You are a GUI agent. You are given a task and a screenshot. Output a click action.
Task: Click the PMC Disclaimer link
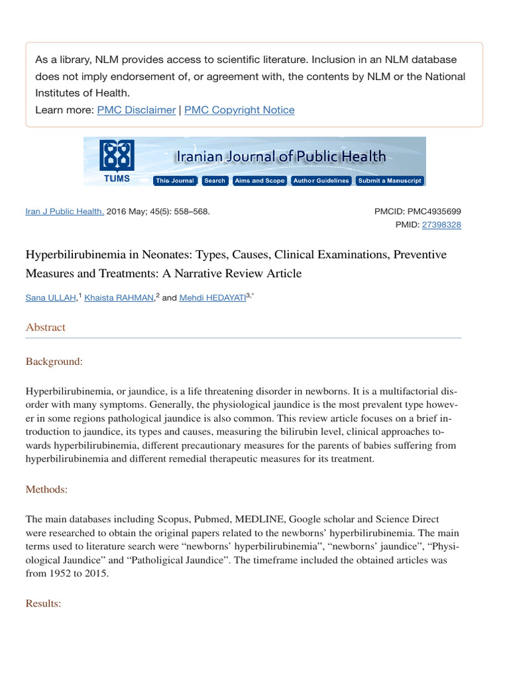[x=137, y=110]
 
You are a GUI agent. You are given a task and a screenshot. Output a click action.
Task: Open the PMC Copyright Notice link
[x=239, y=110]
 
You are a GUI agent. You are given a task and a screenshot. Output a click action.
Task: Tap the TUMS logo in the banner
[x=117, y=161]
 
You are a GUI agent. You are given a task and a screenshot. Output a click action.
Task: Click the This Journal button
[x=175, y=181]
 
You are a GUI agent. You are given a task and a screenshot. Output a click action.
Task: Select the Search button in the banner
[x=215, y=181]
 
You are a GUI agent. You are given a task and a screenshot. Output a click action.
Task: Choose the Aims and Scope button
[x=259, y=181]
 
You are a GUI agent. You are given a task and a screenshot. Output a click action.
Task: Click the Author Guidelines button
[x=321, y=181]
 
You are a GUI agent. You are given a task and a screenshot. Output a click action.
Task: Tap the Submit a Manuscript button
[x=389, y=181]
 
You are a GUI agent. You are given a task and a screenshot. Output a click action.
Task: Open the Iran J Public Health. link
[x=65, y=211]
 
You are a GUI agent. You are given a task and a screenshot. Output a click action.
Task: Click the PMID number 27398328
[x=441, y=225]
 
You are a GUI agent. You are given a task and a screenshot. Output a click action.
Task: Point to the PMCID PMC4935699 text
[x=418, y=211]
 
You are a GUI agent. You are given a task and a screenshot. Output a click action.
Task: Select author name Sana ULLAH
[x=51, y=298]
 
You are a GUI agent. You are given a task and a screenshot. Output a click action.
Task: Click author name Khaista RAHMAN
[x=119, y=298]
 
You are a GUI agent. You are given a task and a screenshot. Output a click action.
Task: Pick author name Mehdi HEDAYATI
[x=212, y=298]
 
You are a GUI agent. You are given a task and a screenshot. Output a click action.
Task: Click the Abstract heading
[x=46, y=327]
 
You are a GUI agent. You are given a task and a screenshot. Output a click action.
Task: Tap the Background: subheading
[x=54, y=362]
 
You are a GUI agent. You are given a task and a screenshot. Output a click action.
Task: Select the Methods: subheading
[x=48, y=489]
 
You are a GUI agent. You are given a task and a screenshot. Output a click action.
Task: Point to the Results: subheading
[x=44, y=604]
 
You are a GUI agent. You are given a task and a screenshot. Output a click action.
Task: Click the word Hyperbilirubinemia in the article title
[x=76, y=255]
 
